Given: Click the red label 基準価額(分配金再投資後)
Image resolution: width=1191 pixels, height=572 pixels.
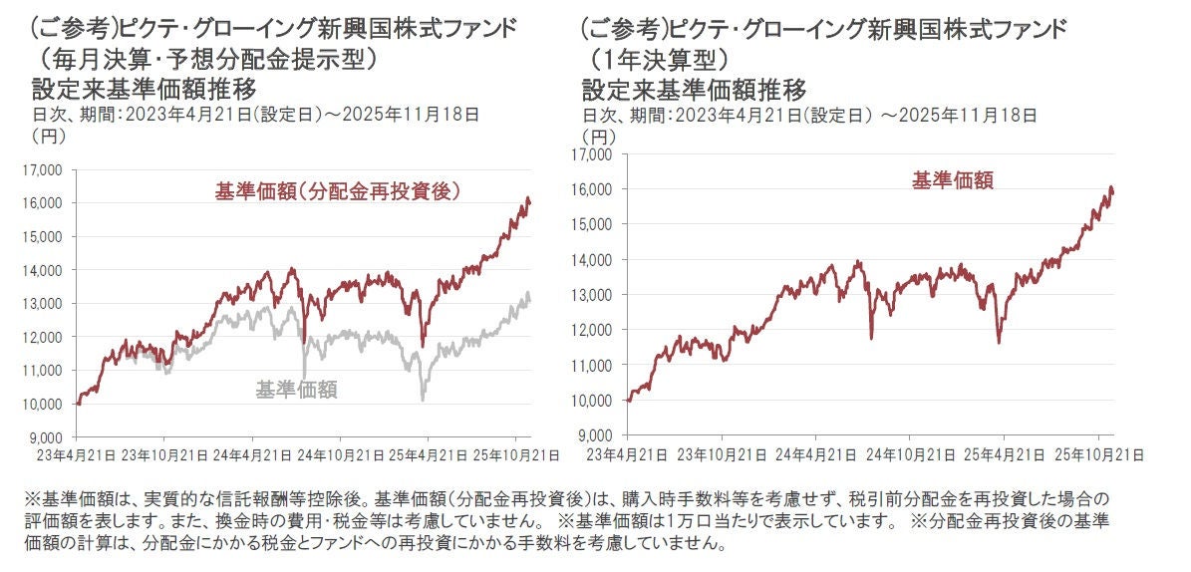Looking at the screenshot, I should tap(342, 191).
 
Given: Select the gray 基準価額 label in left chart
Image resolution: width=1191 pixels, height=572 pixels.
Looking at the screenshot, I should tap(296, 390).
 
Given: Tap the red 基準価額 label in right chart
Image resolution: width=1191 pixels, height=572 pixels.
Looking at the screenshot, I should tap(952, 180).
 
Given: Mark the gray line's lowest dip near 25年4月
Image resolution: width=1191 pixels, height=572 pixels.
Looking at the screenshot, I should tap(424, 401).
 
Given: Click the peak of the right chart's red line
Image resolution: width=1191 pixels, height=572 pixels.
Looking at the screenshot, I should tap(1109, 187).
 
